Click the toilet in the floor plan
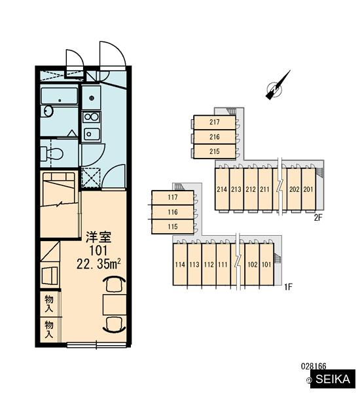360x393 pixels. coord(52,154)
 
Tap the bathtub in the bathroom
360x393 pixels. coord(60,96)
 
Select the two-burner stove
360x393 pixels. coord(91,117)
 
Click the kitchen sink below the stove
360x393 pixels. coord(92,134)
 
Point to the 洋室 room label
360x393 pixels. coord(98,237)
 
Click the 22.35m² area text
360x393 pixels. coord(99,263)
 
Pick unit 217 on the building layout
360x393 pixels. coord(215,122)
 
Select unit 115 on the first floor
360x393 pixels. coord(173,227)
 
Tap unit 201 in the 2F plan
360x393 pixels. coord(308,189)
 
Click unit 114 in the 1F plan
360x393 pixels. coord(180,265)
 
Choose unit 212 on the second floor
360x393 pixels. coord(251,189)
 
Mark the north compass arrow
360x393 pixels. coord(278,85)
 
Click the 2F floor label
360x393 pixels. coord(318,217)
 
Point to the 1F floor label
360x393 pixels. coord(289,287)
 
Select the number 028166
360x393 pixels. coord(314,366)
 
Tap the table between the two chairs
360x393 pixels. coord(115,305)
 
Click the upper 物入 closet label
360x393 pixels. coord(49,303)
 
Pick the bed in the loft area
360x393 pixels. coord(59,189)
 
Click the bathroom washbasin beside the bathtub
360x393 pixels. coord(48,111)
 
